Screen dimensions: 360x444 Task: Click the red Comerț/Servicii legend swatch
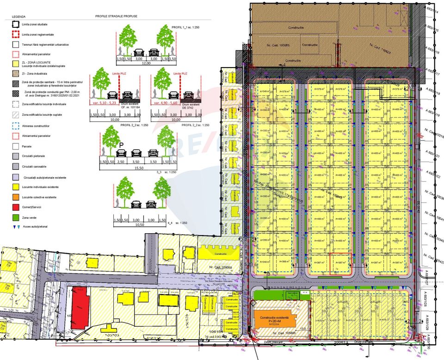click(x=16, y=207)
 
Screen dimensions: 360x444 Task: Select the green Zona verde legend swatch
click(x=16, y=217)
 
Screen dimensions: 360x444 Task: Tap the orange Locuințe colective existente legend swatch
click(x=16, y=197)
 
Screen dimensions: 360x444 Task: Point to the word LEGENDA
click(x=19, y=16)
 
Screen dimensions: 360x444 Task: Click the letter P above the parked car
click(x=121, y=145)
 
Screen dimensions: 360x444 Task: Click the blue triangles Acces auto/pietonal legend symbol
click(x=16, y=228)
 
